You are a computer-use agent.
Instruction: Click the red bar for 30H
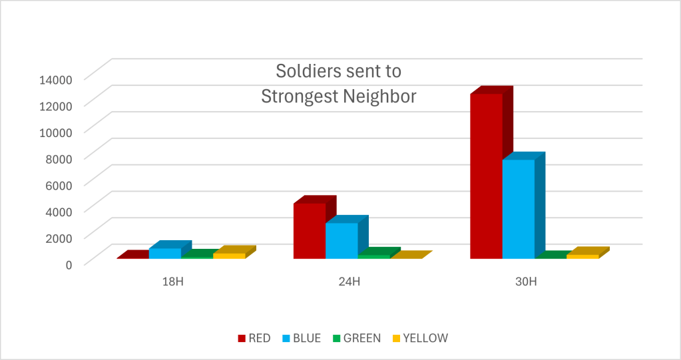pos(486,176)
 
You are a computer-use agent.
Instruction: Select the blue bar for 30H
pos(518,209)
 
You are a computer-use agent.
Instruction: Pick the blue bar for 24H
pos(341,240)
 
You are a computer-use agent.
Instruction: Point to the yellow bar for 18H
pos(229,256)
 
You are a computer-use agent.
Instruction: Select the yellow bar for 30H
pos(582,256)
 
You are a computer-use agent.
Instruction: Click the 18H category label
pos(172,281)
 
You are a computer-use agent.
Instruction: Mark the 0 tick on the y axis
pos(68,264)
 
